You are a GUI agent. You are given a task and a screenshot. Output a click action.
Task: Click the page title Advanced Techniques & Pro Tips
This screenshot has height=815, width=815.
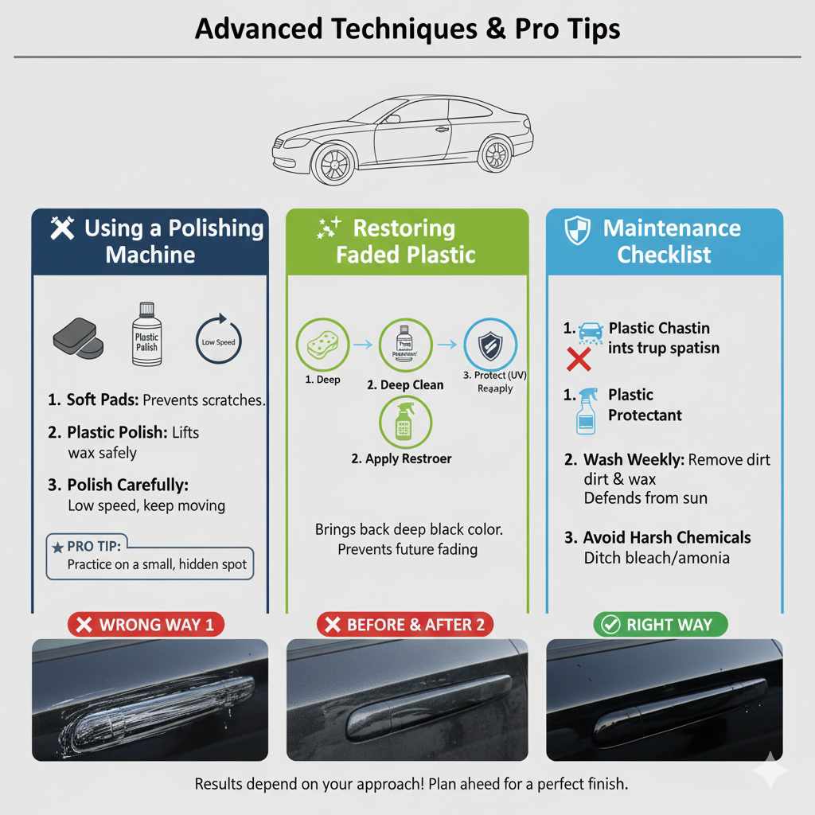pos(407,29)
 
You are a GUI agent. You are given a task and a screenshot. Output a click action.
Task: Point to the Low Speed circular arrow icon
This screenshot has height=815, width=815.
pos(219,341)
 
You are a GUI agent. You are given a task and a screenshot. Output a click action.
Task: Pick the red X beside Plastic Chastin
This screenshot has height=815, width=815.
pos(579,360)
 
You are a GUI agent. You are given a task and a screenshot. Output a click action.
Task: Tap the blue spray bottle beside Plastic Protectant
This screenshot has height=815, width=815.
pos(586,410)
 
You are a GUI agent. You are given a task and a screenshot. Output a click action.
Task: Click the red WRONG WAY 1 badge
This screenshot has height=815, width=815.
pos(146,625)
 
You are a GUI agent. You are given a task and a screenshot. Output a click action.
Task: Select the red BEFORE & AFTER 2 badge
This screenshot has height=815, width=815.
pos(405,625)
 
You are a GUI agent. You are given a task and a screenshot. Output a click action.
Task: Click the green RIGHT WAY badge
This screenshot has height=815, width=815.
pos(660,625)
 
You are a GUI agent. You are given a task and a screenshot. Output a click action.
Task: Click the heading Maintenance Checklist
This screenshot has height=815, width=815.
pos(672,242)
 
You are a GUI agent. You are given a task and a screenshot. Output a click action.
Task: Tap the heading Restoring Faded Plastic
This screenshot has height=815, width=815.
pos(405,242)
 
